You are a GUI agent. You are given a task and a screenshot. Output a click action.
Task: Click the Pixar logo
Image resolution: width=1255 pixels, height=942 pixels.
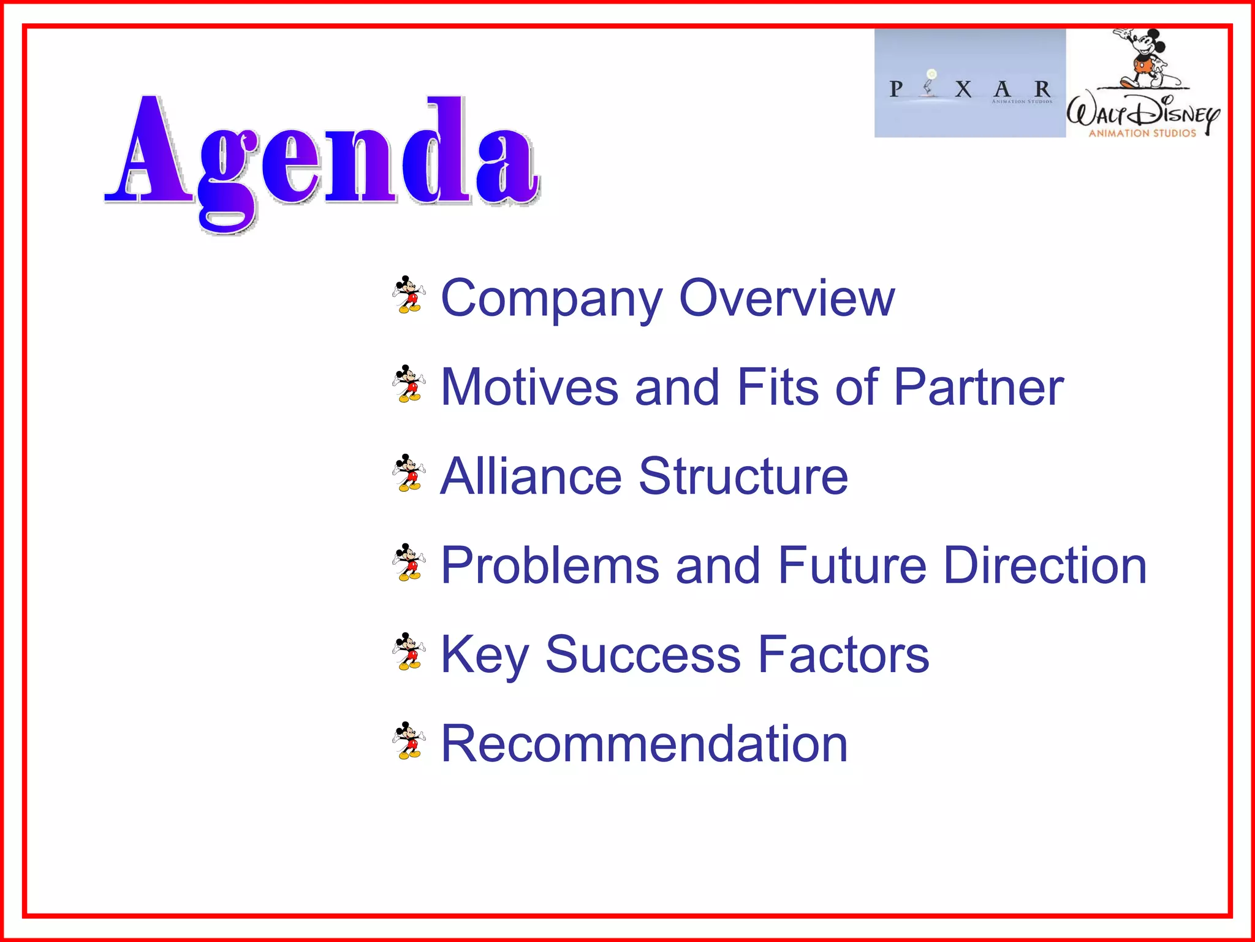click(969, 83)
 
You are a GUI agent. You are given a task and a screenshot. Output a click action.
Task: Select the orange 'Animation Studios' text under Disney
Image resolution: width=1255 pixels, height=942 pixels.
click(1142, 133)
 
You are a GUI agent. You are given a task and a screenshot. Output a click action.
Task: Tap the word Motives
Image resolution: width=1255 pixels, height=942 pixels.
click(529, 387)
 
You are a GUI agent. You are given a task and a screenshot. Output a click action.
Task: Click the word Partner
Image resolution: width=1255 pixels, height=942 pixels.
click(979, 387)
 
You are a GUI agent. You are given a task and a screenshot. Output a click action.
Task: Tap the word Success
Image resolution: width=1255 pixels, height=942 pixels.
click(643, 654)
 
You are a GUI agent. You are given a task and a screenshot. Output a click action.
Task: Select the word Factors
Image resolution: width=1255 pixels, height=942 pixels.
click(843, 654)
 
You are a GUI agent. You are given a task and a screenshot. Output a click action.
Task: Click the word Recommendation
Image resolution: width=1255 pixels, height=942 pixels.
click(644, 743)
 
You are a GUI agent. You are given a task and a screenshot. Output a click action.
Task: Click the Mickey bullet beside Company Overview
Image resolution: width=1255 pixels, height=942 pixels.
click(409, 295)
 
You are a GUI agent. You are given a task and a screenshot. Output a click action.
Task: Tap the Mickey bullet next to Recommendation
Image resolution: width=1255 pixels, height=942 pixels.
click(409, 741)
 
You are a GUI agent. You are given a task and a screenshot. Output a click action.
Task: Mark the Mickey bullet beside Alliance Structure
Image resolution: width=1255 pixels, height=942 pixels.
click(409, 473)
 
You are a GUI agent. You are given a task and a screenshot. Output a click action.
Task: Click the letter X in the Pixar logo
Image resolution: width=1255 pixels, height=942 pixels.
click(963, 90)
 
